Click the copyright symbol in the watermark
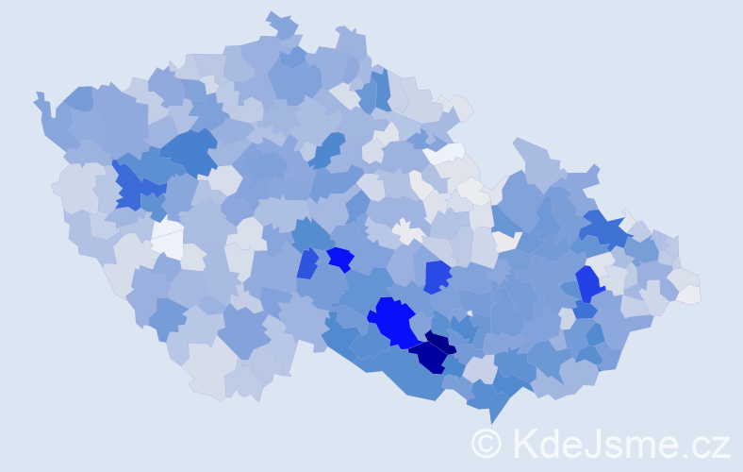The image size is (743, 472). point(486,443)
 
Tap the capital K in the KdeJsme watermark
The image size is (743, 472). point(523,442)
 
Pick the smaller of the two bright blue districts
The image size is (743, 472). point(339,258)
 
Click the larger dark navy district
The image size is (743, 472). point(429,357)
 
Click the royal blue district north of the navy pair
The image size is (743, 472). point(436,275)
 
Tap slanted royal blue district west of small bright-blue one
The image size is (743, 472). point(307,263)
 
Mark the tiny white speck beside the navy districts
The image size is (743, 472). point(470,312)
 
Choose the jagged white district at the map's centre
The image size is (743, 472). point(407,230)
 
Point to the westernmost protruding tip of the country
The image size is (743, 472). point(38,96)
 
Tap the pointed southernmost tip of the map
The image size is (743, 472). point(491,421)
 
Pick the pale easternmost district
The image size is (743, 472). point(689,295)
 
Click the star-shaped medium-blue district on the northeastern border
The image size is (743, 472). point(603,229)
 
